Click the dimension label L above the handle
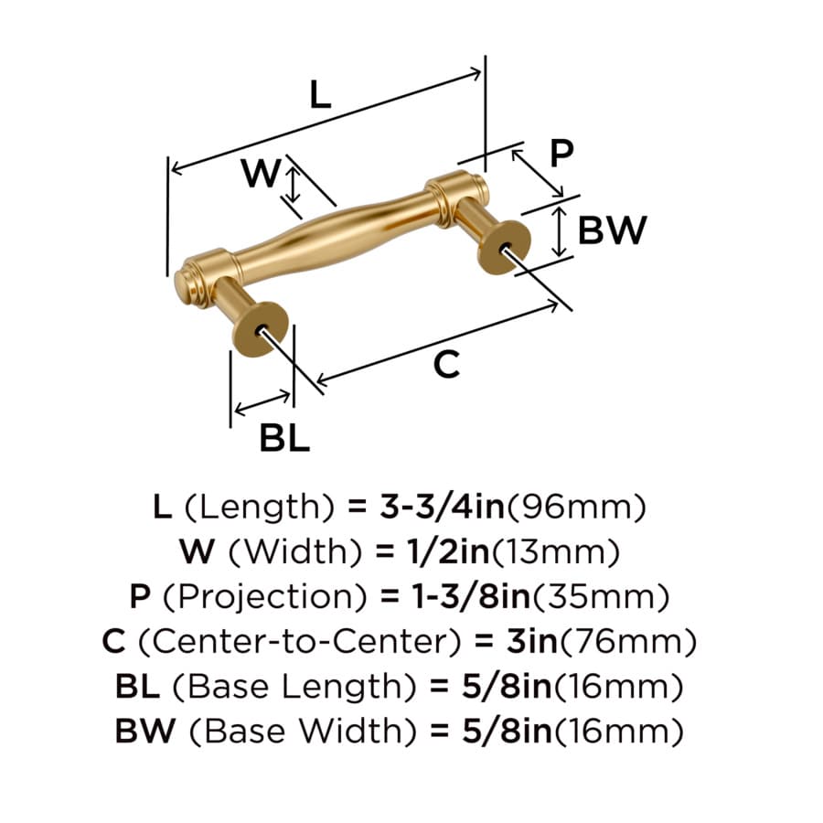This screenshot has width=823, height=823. [320, 94]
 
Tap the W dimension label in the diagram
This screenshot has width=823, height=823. [261, 173]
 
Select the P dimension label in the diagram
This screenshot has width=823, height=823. [561, 154]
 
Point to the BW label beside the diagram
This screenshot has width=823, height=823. [612, 230]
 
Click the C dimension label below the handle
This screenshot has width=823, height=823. [446, 364]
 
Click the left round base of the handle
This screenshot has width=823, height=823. [261, 329]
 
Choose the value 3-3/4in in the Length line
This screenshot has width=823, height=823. [442, 507]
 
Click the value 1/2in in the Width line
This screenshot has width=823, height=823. [448, 551]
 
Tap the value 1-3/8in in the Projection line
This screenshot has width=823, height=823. [471, 597]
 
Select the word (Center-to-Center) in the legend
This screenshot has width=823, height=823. [300, 642]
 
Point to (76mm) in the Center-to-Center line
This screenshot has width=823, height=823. [629, 642]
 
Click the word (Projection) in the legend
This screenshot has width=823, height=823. [265, 597]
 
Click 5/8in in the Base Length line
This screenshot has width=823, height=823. [507, 687]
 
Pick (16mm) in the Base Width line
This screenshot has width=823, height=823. [619, 732]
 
